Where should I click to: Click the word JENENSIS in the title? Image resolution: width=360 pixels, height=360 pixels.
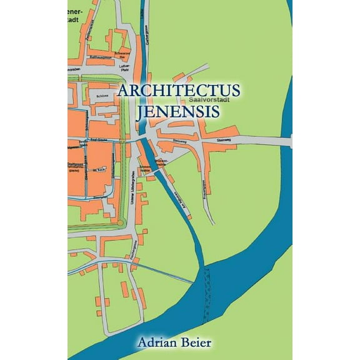(x=178, y=113)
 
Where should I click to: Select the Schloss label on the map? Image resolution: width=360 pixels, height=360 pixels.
(x=102, y=97)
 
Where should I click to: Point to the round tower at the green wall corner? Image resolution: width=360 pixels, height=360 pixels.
(x=119, y=222)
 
